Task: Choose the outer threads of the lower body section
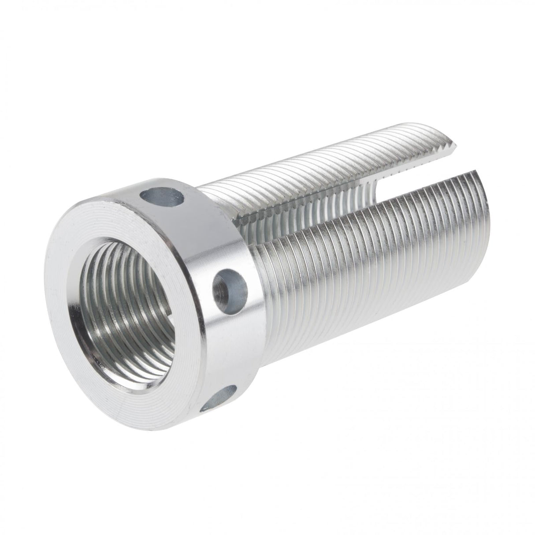click(x=353, y=273)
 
